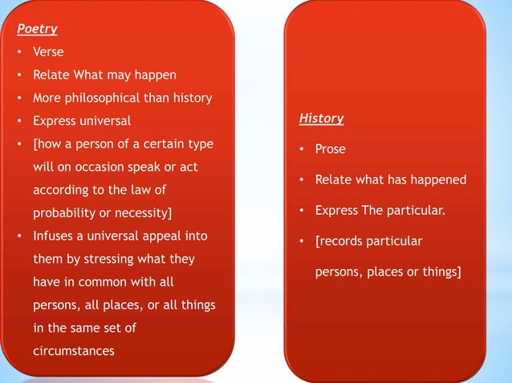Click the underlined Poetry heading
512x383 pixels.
(38, 29)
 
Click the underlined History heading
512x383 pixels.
(321, 119)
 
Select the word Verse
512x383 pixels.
(48, 52)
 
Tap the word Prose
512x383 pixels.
(331, 149)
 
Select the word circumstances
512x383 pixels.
(73, 352)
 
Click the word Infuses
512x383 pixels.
(53, 237)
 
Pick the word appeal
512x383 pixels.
(163, 237)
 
